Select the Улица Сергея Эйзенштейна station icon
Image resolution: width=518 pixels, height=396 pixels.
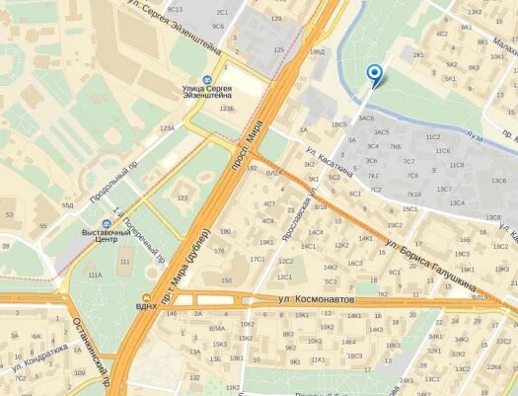point(206,80)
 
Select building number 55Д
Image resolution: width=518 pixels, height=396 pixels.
point(67,204)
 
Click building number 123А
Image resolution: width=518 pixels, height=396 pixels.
point(167,127)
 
